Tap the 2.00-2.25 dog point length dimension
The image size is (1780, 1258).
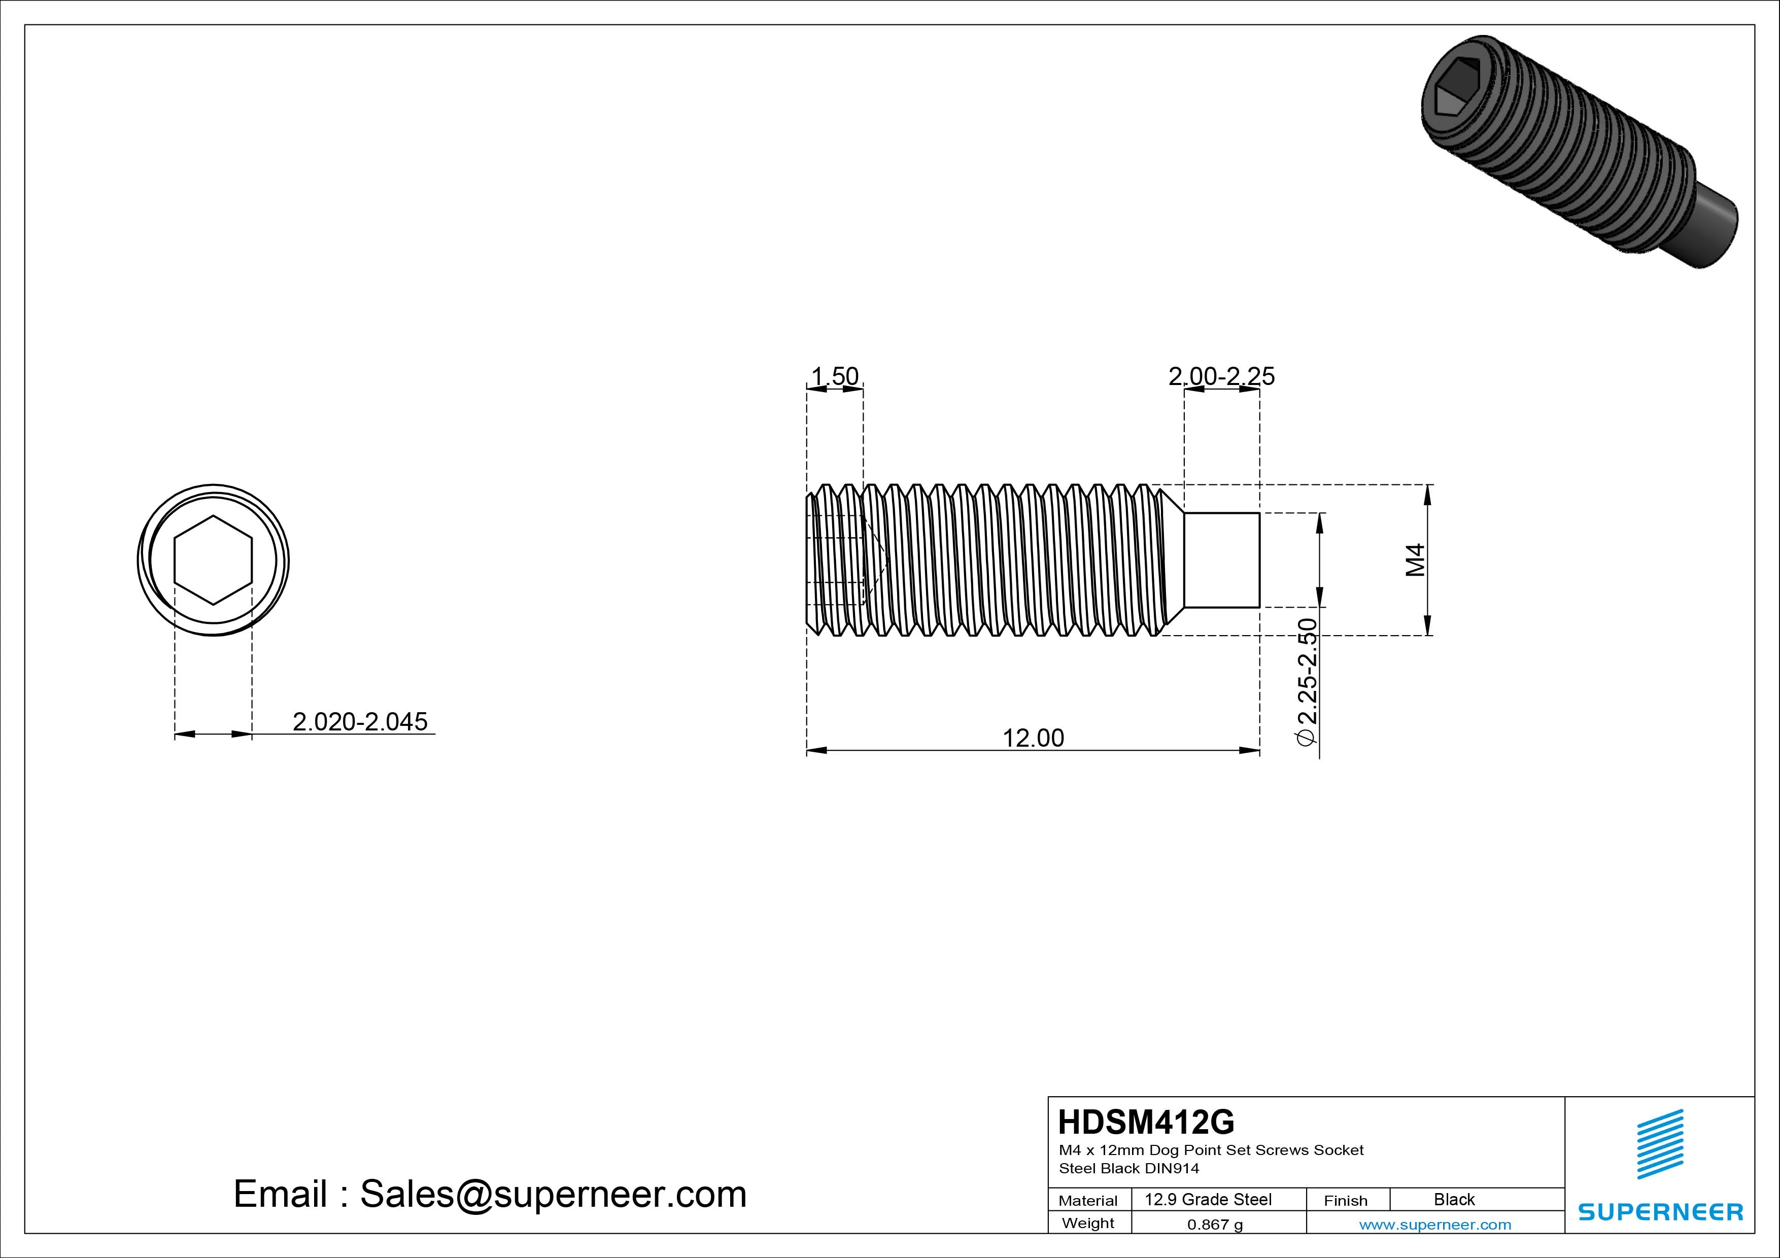(1221, 377)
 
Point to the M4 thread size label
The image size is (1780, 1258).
(1416, 560)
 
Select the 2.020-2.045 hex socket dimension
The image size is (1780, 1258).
(360, 722)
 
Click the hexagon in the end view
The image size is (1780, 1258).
(213, 560)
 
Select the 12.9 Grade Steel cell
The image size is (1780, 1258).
(1208, 1200)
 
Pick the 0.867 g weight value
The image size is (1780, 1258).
(1214, 1225)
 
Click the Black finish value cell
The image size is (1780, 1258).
(1454, 1200)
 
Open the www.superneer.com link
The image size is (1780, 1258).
(1435, 1225)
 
